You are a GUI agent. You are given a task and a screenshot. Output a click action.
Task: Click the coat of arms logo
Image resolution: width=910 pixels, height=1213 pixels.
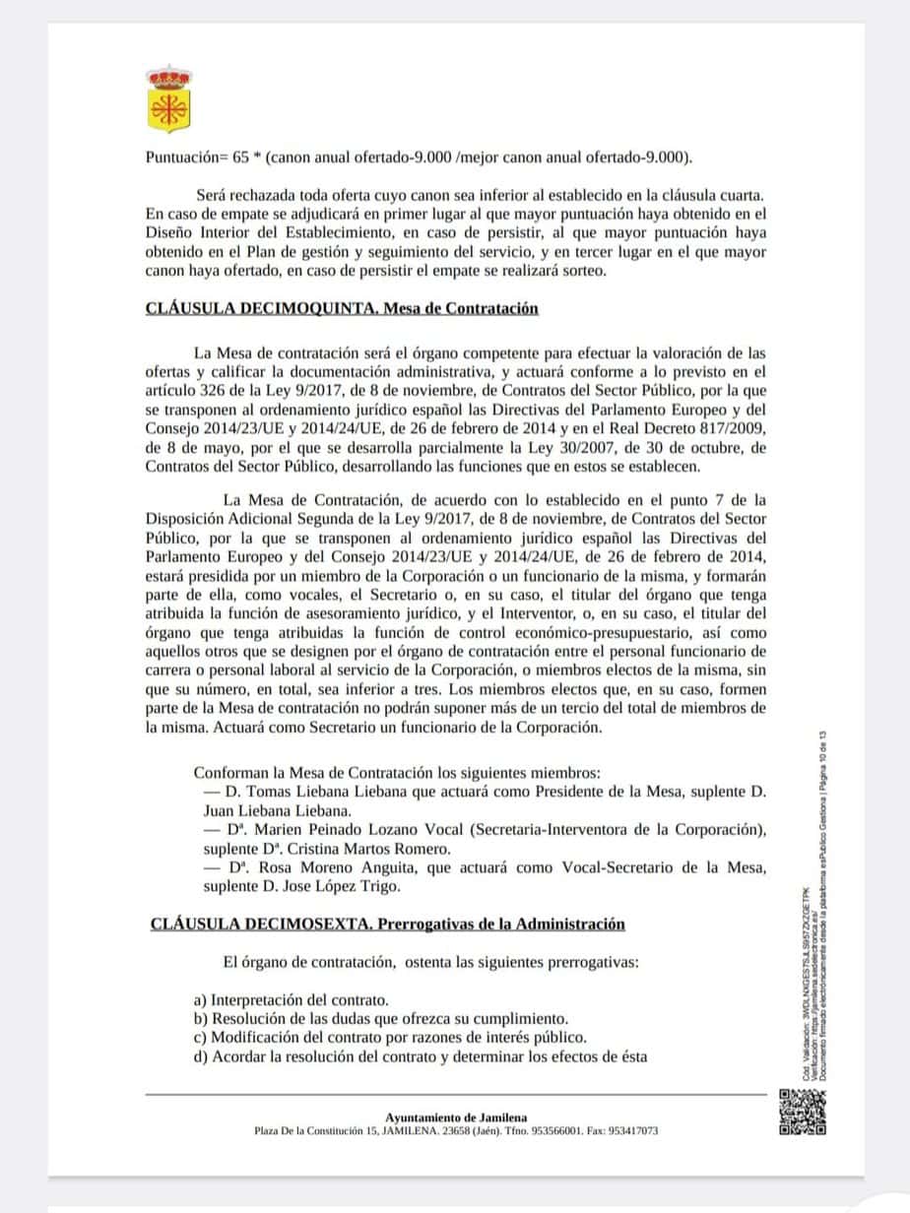coord(168,99)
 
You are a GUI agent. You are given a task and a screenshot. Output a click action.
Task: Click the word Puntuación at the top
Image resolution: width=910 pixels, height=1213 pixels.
coord(181,157)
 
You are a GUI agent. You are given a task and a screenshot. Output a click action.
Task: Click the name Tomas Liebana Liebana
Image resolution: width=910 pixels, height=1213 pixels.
coord(306,791)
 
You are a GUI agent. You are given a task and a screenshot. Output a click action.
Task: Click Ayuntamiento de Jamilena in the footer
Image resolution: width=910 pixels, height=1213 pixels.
coord(455,1117)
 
